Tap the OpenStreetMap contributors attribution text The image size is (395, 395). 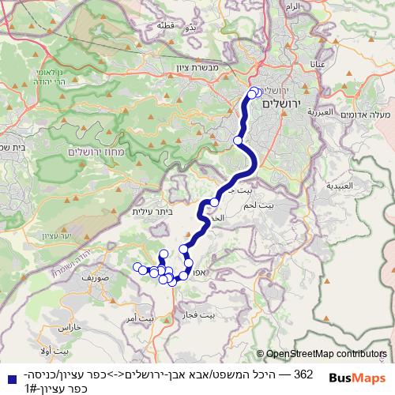coord(325,355)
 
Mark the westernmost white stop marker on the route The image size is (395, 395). coord(137,266)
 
